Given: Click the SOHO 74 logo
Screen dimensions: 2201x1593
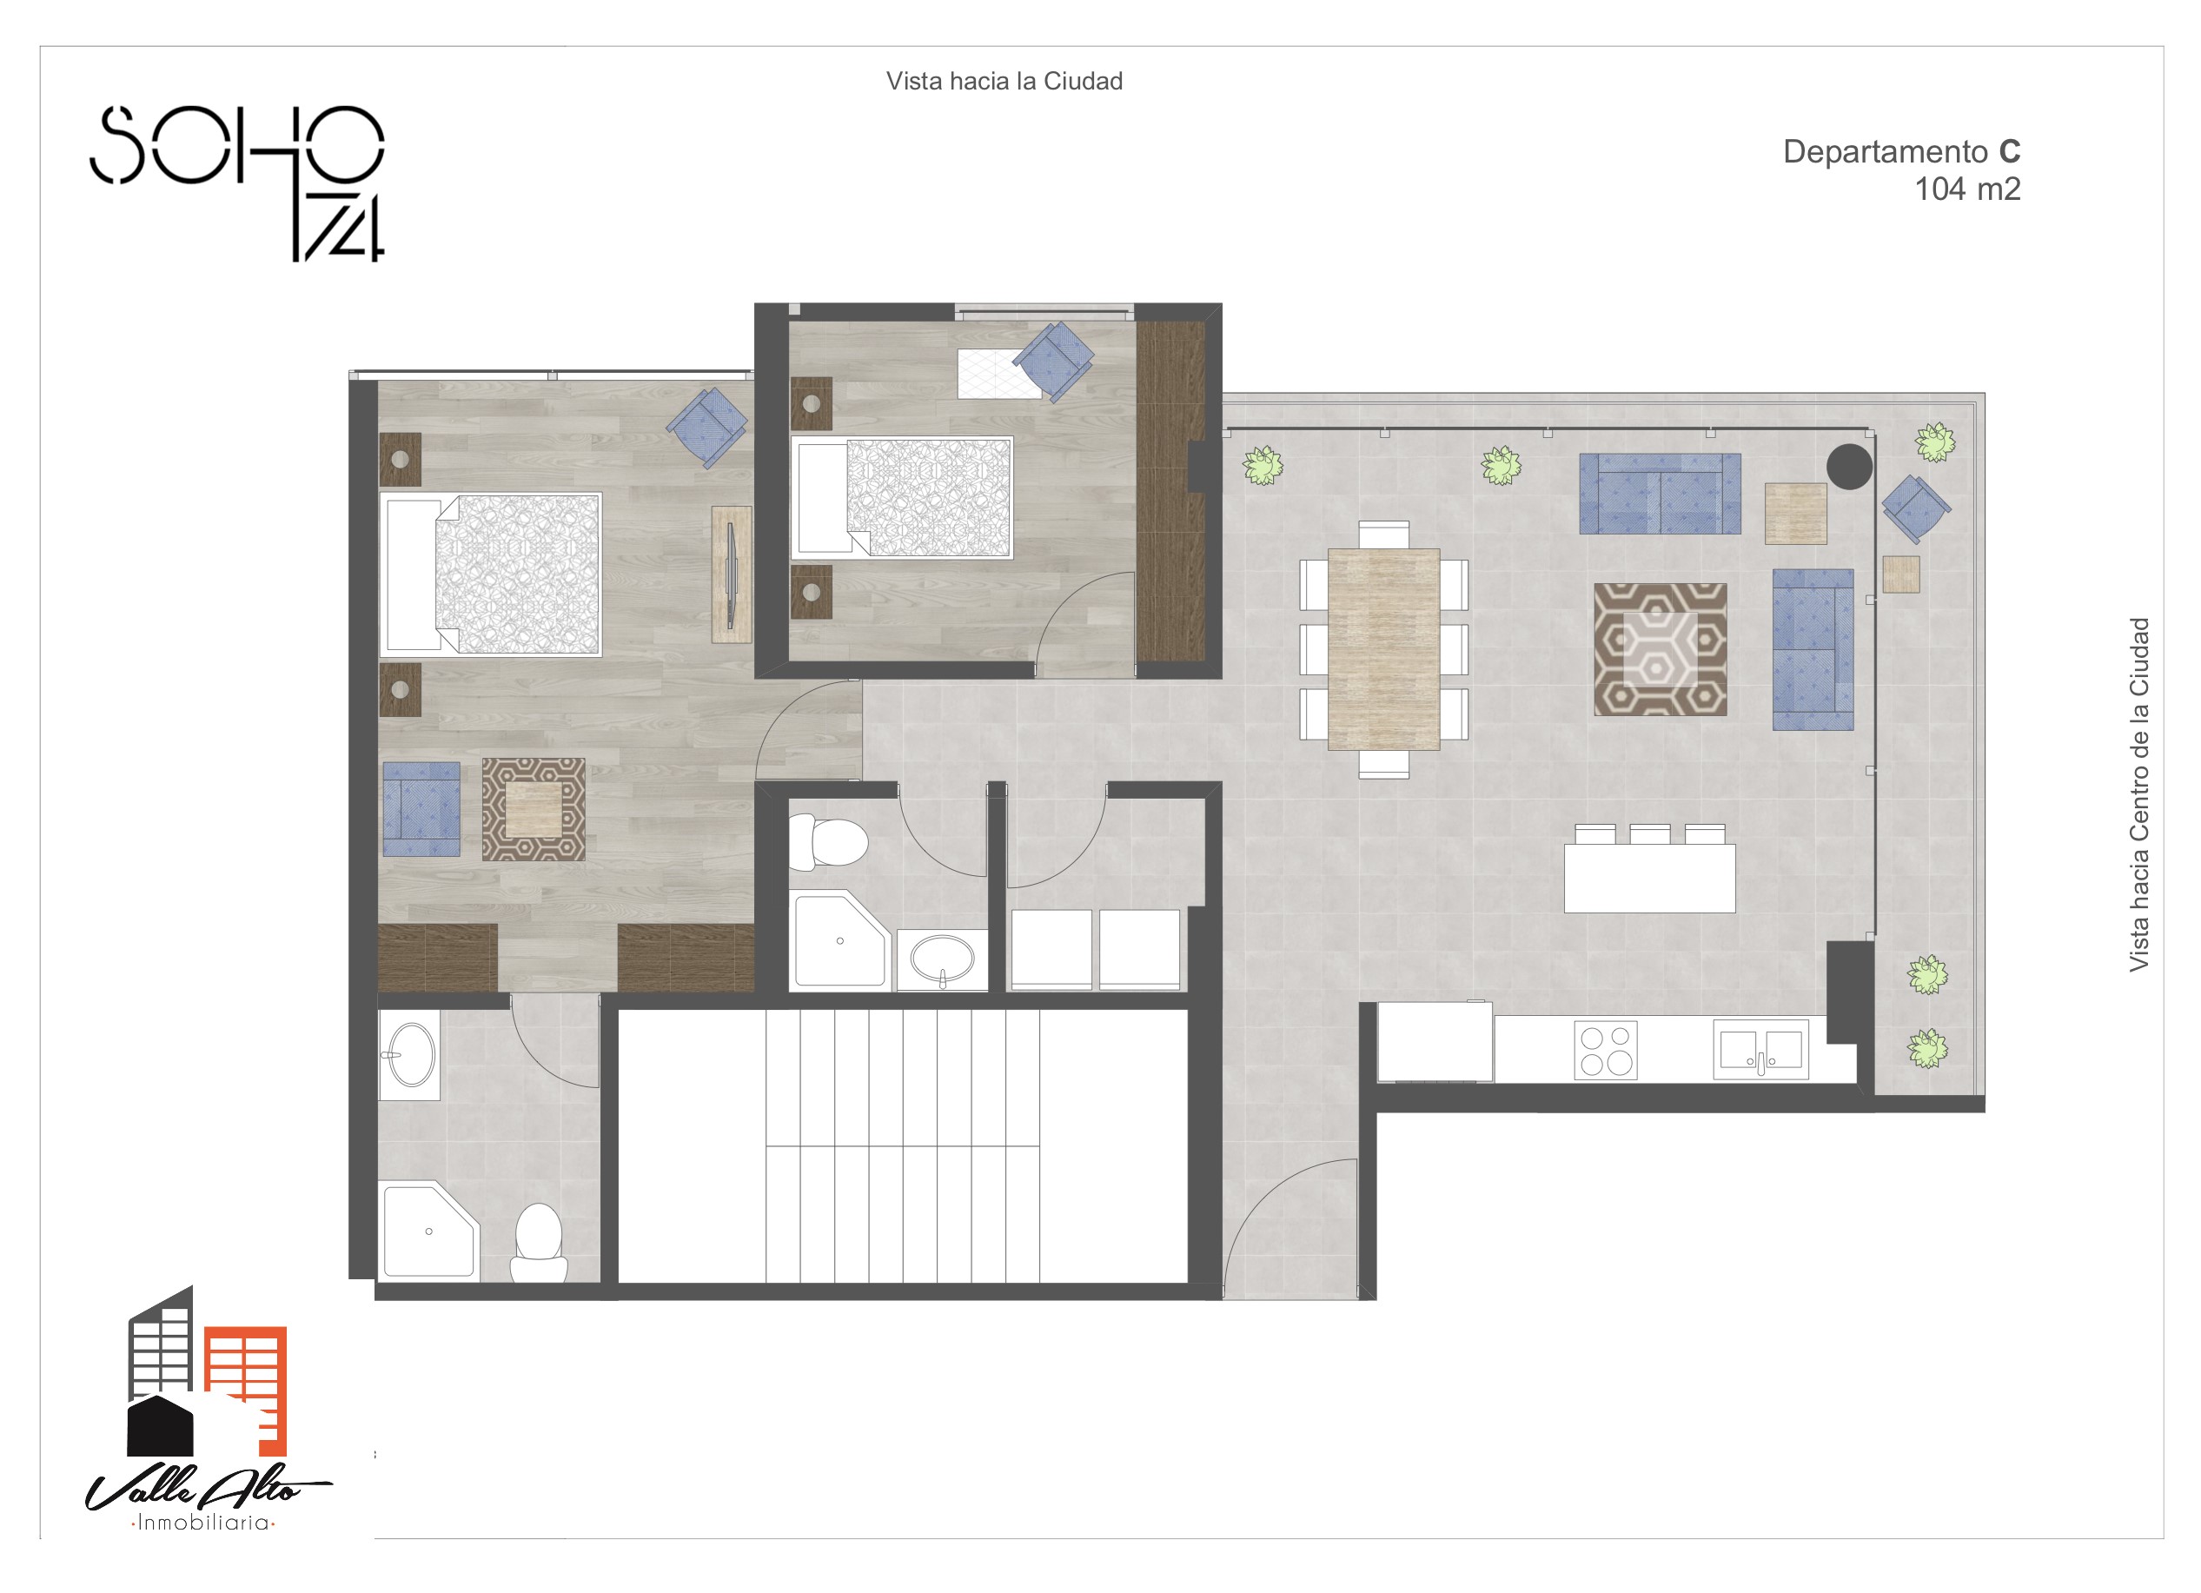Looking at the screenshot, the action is point(238,183).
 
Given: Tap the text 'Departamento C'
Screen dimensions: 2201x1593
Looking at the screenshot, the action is point(1901,151).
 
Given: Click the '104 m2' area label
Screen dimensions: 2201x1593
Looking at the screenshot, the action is point(1967,189).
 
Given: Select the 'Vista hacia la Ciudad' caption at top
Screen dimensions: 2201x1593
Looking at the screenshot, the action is point(1004,81).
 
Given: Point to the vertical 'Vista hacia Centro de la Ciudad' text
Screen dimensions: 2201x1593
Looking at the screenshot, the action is point(2139,794).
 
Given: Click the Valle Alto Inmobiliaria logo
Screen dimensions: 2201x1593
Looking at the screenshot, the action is point(208,1409).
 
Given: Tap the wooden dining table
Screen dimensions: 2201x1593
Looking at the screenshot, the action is point(1383,649).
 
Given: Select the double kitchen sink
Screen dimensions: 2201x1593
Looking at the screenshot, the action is point(1760,1049).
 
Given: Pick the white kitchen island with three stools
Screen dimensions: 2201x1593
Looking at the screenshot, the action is point(1649,869).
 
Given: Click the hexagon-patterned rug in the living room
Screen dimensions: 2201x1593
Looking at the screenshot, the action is point(1661,649).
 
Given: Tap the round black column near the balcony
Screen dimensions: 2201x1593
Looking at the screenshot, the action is point(1850,467).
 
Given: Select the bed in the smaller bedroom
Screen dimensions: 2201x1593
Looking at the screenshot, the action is point(902,498).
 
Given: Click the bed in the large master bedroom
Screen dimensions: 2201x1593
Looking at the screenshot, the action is point(490,574).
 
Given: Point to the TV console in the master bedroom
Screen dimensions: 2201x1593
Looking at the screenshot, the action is point(732,574).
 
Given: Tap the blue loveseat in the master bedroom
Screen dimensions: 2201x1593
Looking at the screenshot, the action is point(421,808).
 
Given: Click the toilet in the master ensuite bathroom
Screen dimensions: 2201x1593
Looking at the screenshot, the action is point(539,1245).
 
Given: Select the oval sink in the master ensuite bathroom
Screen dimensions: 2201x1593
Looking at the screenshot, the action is point(409,1055).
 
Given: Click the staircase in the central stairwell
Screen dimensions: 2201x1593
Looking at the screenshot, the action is point(903,1146).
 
